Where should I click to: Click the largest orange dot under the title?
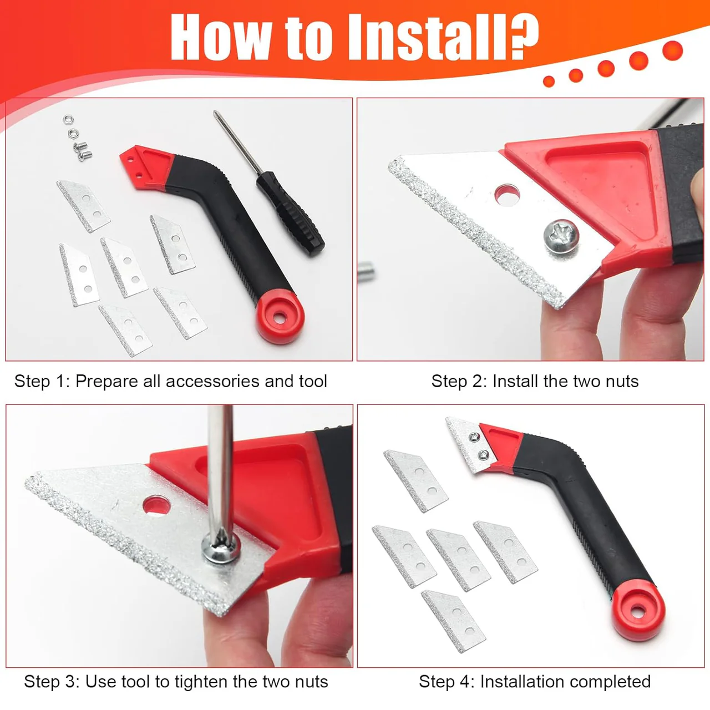(672, 50)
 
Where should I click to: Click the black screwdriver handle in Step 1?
(290, 214)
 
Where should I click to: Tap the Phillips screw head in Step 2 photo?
(561, 236)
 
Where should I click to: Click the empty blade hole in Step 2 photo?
(507, 195)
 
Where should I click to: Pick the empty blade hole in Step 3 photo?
(156, 505)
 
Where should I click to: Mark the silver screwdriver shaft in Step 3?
(220, 471)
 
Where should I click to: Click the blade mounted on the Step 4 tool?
(470, 444)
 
